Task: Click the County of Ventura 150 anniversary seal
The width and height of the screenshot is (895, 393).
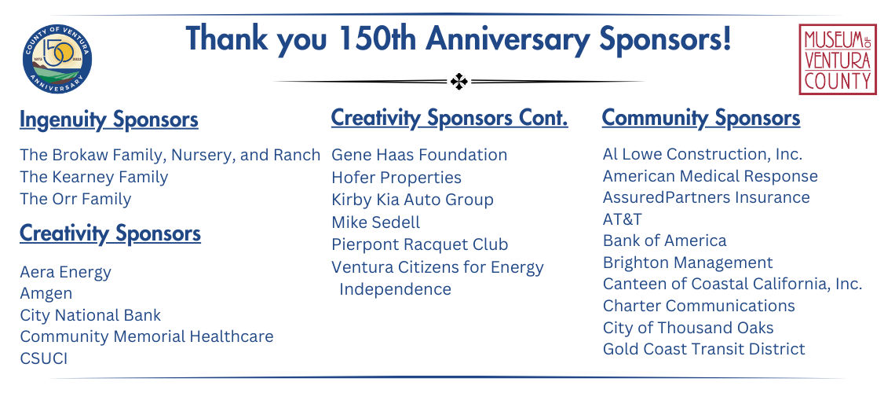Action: pos(57,59)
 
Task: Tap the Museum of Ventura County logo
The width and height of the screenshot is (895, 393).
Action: pos(838,59)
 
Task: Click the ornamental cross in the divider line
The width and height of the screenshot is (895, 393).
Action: pos(459,82)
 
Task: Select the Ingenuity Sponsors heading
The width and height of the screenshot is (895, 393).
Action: pos(109,120)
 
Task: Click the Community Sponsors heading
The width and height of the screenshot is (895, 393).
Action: pos(701,118)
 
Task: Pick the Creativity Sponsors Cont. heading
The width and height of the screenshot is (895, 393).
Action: pos(450,118)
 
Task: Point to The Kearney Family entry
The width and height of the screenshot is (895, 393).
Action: pos(94,177)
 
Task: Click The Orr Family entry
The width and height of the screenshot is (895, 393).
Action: pos(75,199)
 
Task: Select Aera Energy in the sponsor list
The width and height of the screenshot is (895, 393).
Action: pos(66,273)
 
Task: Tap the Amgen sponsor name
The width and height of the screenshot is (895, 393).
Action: pos(46,294)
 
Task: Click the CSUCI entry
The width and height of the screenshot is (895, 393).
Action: pos(43,358)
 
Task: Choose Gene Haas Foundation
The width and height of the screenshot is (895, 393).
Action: pos(419,155)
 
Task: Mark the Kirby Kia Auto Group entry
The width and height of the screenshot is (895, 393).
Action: pos(413,200)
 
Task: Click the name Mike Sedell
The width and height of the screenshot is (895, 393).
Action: pos(375,222)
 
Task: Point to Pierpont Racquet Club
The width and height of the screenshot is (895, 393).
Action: pos(420,244)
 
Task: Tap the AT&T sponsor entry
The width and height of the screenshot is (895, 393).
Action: pos(623,219)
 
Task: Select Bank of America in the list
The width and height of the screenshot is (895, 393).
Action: pos(665,241)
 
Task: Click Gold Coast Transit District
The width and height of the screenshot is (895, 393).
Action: pos(704,349)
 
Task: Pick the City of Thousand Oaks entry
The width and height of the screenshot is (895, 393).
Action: pos(689,328)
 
